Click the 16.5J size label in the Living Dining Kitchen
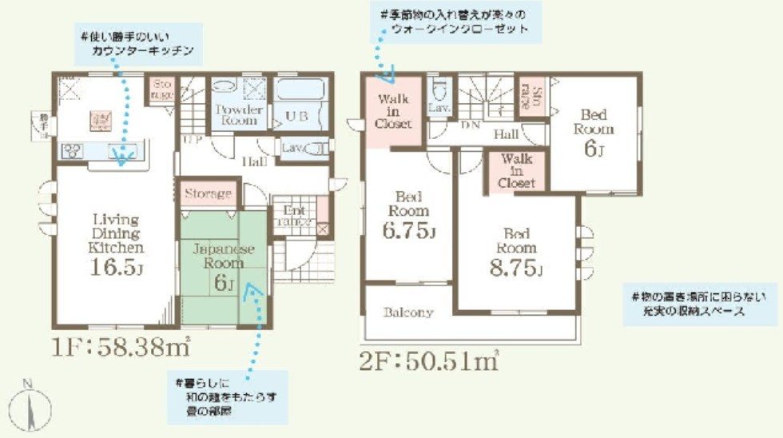click(116, 266)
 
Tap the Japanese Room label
click(224, 256)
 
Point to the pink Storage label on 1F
click(209, 193)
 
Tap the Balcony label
click(407, 313)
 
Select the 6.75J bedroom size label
click(408, 232)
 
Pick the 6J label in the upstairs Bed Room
click(592, 149)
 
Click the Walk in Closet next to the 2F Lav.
click(393, 112)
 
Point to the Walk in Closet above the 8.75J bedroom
click(516, 171)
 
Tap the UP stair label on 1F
click(192, 139)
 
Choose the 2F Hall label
click(506, 134)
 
